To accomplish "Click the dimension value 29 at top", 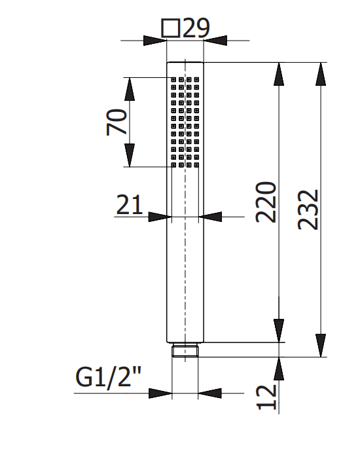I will tap(196, 28).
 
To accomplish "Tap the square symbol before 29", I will tap(170, 29).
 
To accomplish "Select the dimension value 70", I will tap(117, 122).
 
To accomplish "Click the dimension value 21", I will tap(130, 206).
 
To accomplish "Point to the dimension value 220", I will tap(266, 202).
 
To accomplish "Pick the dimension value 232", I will tap(308, 210).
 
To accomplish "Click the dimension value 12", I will tap(266, 397).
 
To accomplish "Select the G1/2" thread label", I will tap(109, 378).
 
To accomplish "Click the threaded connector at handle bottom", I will tap(185, 351).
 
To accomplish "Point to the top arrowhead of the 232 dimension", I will tap(321, 73).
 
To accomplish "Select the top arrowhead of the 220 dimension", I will tap(279, 73).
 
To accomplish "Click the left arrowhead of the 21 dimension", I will tap(159, 217).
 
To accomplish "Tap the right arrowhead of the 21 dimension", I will tap(210, 217).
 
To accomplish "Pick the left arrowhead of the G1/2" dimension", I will tap(160, 394).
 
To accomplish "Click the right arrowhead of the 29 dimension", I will tap(215, 41).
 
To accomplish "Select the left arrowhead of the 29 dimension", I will tap(155, 41).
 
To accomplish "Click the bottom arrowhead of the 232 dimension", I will tap(321, 346).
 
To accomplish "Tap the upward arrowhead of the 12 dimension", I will tap(279, 368).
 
